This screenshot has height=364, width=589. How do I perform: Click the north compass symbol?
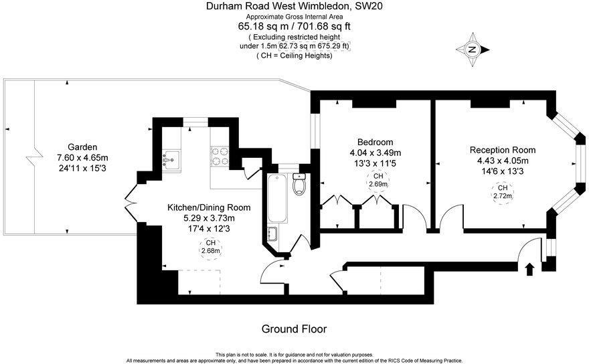(473, 50)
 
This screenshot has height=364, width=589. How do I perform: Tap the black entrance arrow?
(529, 269)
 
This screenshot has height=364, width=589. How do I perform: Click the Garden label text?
(82, 147)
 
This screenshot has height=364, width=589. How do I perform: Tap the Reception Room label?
(502, 150)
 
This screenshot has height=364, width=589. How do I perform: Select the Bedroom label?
(375, 142)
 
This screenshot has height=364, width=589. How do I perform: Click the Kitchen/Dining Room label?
(209, 207)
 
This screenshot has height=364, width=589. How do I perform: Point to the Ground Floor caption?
(294, 329)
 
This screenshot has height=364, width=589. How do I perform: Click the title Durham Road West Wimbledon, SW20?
(294, 6)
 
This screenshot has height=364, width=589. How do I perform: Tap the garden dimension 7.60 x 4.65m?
(82, 157)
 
